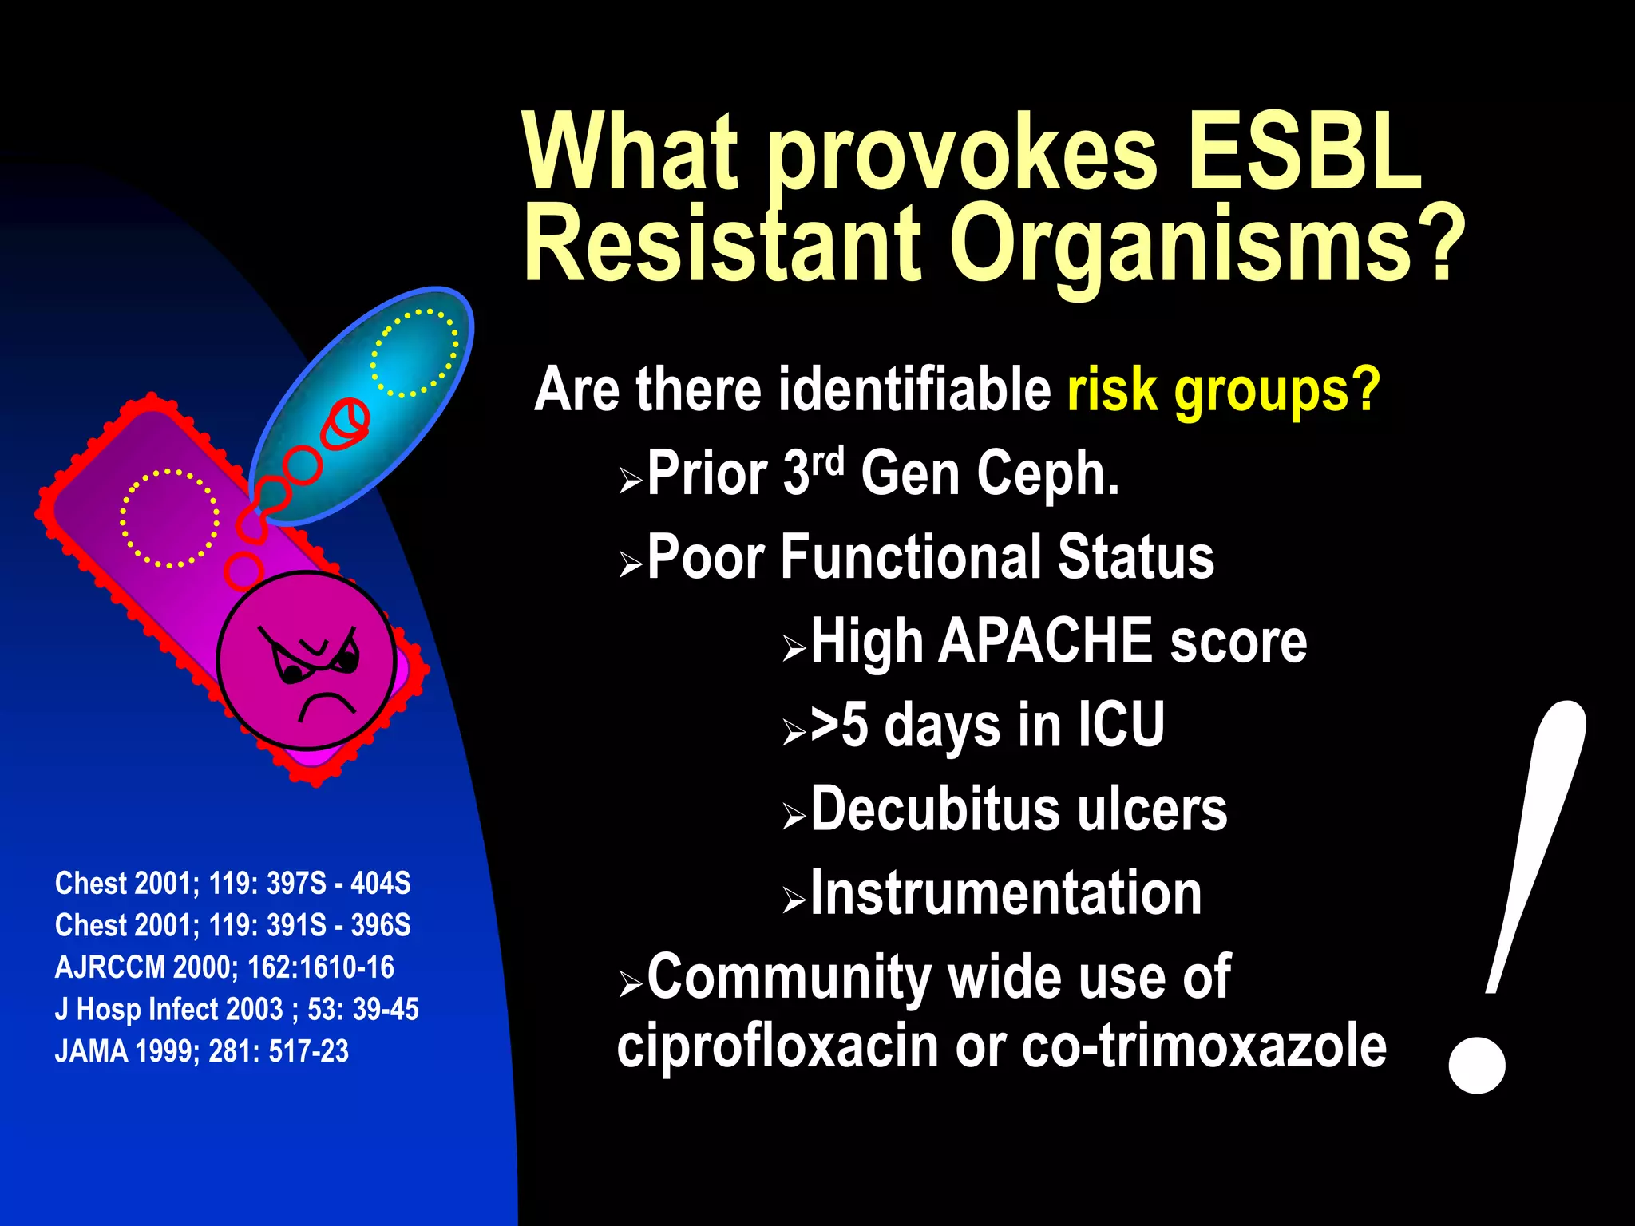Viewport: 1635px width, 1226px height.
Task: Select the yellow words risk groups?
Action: (x=1223, y=390)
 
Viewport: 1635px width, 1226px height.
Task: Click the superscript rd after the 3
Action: (x=828, y=461)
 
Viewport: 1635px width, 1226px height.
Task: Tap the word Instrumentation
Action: (x=1006, y=893)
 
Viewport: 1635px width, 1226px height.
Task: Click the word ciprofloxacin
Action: (x=777, y=1046)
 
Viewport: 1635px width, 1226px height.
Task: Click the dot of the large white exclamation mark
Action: (x=1477, y=1065)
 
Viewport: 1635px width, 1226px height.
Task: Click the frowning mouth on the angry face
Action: (x=327, y=704)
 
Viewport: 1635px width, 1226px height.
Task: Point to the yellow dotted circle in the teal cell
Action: (x=414, y=353)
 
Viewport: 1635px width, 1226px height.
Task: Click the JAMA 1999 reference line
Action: (x=202, y=1051)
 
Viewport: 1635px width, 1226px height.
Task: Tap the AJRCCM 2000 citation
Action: (x=224, y=967)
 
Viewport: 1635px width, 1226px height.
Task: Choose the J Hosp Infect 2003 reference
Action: (x=236, y=1010)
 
